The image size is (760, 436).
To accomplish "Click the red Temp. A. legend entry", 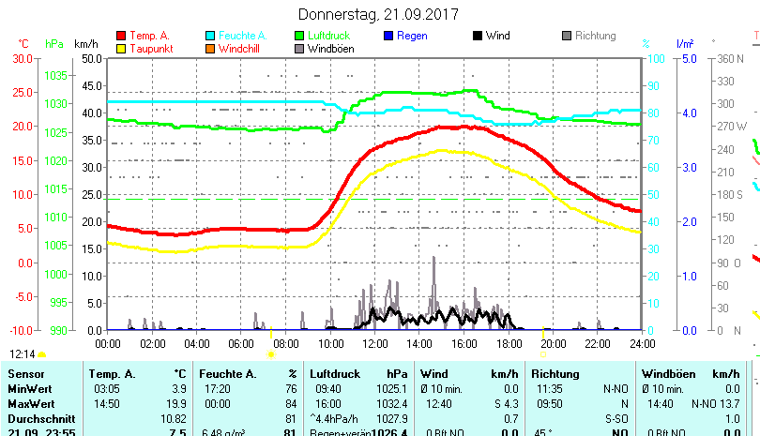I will [149, 36].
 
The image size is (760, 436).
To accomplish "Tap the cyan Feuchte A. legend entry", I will [240, 36].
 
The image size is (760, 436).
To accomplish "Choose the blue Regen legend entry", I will [412, 36].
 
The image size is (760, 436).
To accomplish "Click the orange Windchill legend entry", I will [241, 49].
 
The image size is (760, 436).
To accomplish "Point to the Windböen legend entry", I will [330, 49].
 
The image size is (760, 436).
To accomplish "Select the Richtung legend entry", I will [595, 36].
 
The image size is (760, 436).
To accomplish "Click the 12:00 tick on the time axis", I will [373, 344].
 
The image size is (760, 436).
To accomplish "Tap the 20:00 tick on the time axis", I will [553, 344].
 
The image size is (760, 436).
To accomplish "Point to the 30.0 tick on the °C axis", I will [23, 58].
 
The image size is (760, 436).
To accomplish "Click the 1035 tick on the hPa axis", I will [56, 75].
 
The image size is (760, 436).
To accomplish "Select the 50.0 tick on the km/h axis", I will [91, 58].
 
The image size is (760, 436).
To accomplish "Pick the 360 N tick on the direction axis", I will [733, 58].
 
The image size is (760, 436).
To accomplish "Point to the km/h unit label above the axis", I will [85, 44].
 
